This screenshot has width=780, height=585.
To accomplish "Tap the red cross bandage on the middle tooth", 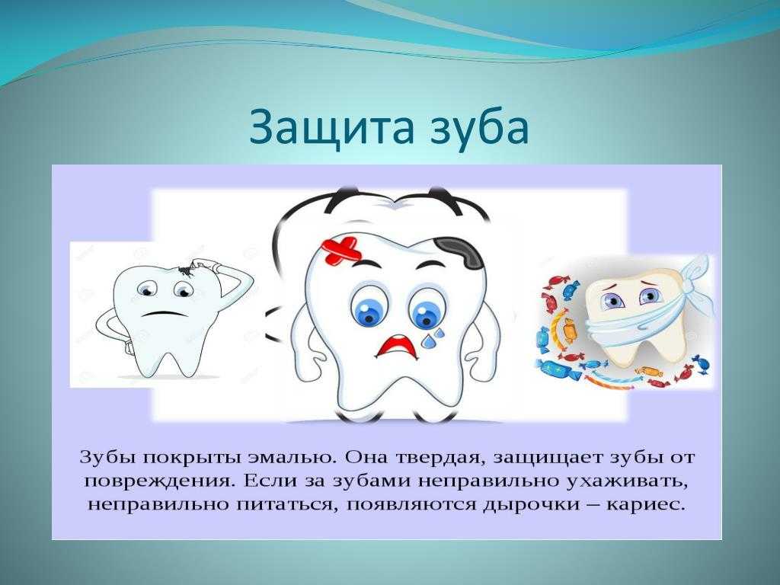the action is [341, 250].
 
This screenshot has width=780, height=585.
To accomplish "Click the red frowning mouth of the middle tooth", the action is [396, 347].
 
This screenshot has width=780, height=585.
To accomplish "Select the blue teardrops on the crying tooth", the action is [432, 338].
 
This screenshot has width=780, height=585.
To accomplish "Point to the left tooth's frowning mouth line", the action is [160, 314].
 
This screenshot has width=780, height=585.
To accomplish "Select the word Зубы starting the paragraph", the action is [107, 458].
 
